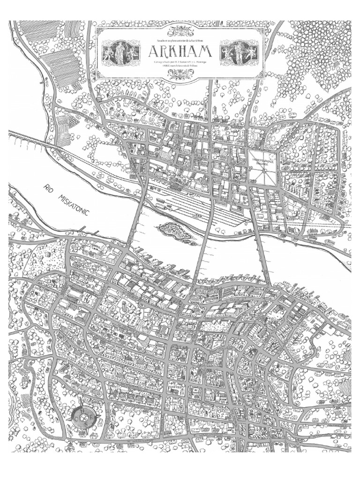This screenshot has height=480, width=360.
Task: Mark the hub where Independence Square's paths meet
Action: tap(263, 168)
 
